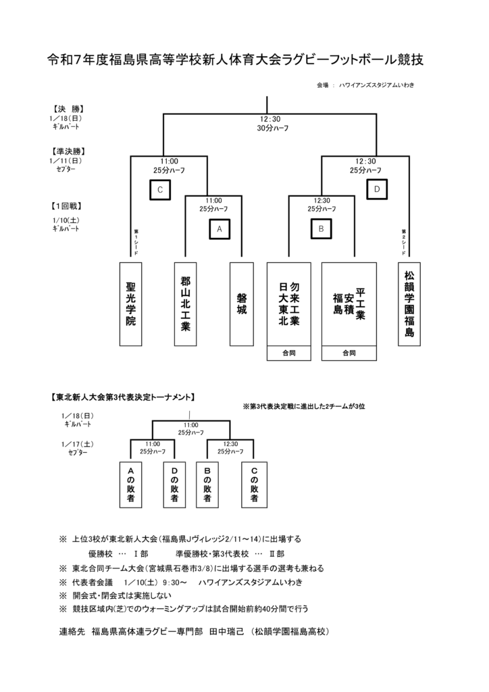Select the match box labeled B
click(x=321, y=229)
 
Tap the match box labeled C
click(x=160, y=190)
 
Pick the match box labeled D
click(x=376, y=190)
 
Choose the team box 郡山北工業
click(x=186, y=304)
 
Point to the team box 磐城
click(x=241, y=304)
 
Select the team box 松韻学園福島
click(x=409, y=304)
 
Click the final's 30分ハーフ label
click(x=272, y=128)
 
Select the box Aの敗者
click(x=131, y=484)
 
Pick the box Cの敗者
click(x=254, y=484)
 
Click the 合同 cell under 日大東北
click(x=288, y=353)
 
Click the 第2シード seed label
click(x=403, y=241)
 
